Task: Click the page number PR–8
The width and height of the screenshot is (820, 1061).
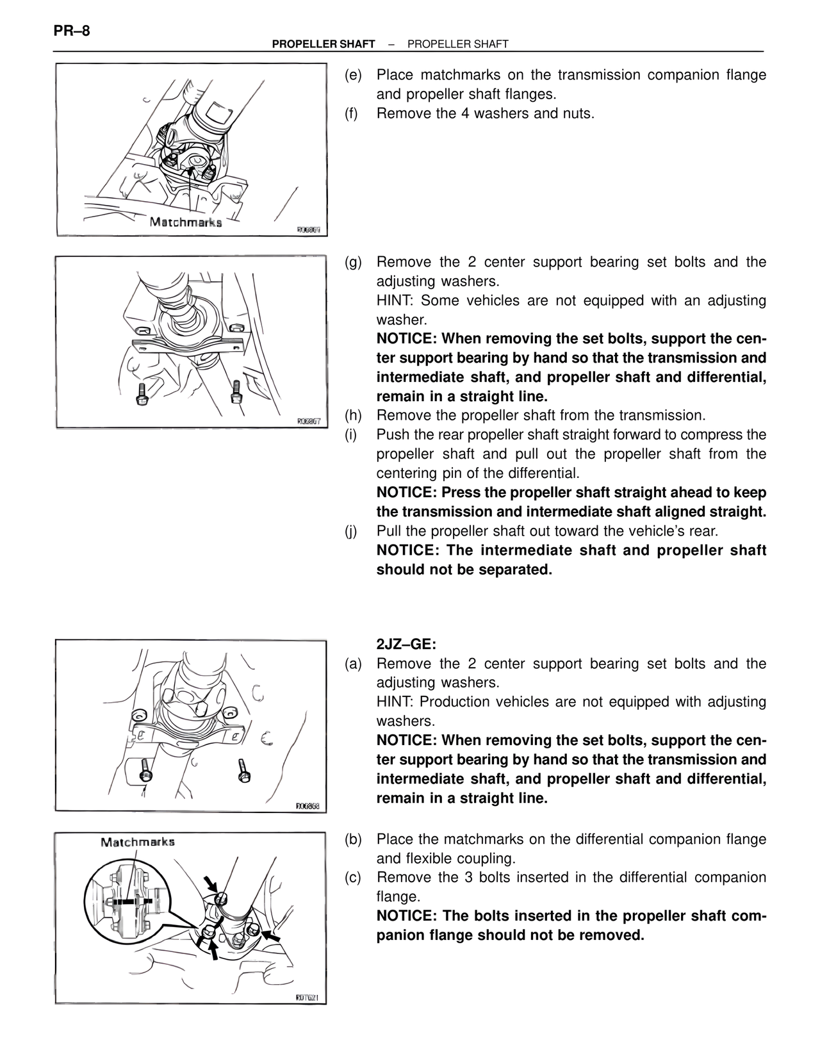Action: click(72, 30)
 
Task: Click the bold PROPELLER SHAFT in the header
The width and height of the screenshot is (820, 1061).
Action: click(323, 44)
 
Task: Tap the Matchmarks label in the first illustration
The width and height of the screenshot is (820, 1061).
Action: click(185, 222)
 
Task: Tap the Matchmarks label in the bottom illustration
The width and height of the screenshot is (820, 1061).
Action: click(137, 842)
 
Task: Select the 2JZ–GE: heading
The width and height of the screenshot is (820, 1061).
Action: click(406, 644)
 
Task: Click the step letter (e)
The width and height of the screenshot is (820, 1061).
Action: click(353, 75)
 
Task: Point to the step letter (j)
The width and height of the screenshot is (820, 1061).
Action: click(352, 531)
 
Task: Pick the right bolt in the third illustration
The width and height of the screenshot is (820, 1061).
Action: click(243, 769)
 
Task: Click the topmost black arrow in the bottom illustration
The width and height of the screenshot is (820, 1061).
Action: click(210, 884)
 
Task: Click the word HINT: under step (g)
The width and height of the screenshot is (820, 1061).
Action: click(396, 300)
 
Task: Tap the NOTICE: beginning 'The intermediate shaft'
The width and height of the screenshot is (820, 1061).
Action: click(407, 550)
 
